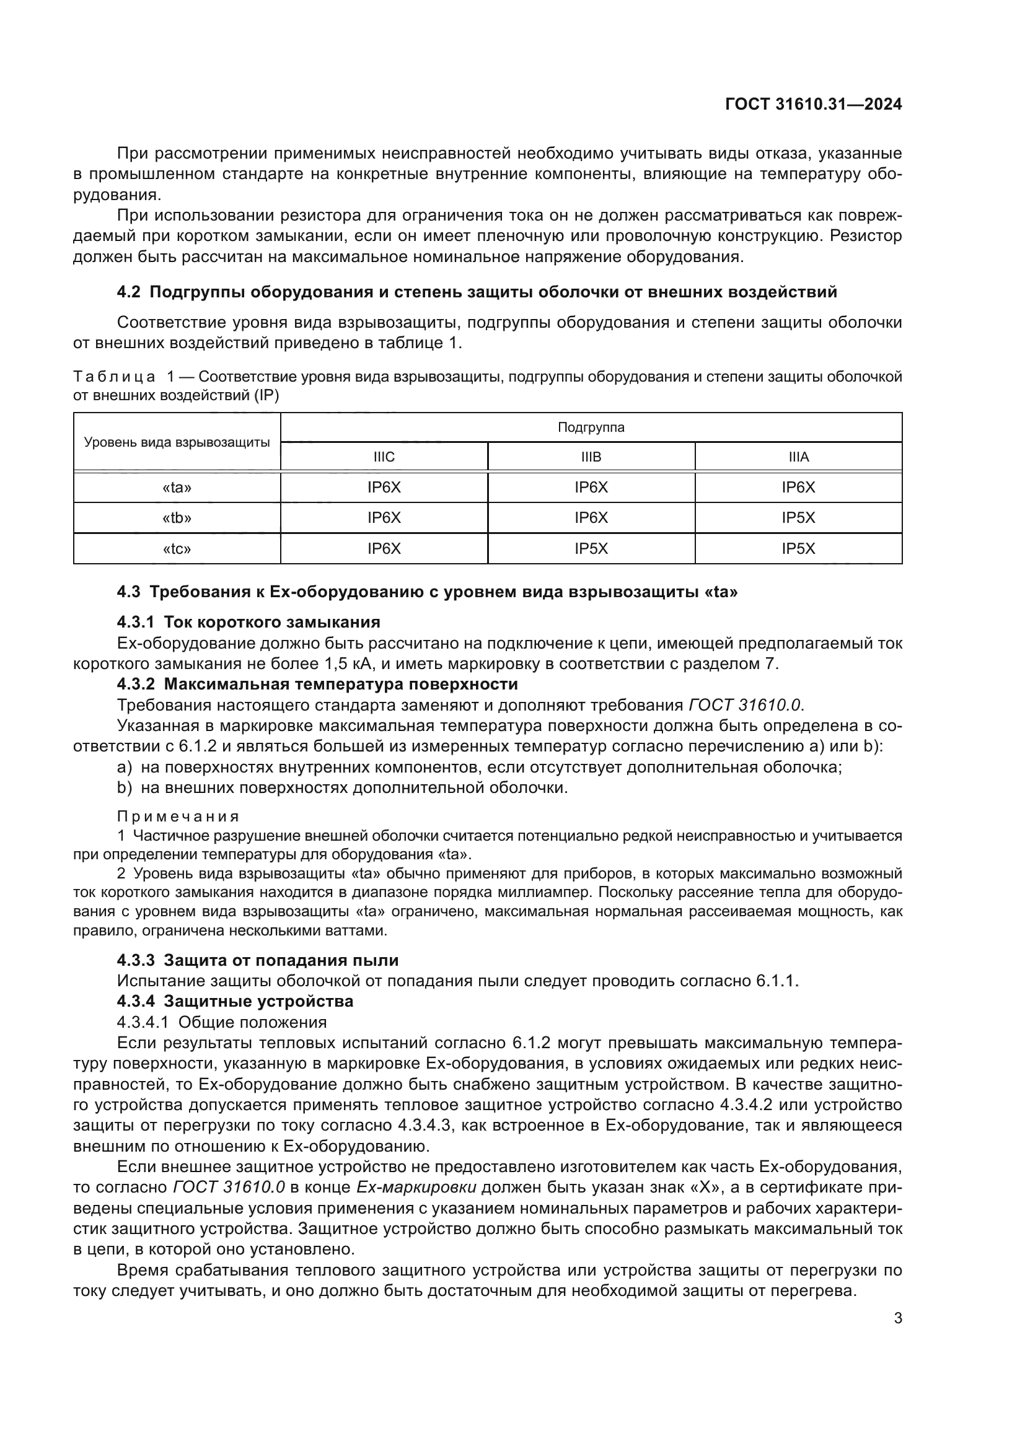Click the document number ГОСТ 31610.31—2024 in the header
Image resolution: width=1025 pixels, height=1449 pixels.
coord(814,104)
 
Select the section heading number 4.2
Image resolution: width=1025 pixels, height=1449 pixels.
coord(130,292)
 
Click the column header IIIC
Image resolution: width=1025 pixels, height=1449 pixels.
coord(384,457)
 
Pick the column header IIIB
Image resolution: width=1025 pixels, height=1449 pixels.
coord(591,457)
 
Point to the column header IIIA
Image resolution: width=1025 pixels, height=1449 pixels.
coord(798,457)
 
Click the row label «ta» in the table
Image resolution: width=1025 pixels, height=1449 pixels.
coord(177,487)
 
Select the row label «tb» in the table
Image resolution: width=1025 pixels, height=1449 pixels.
coord(177,517)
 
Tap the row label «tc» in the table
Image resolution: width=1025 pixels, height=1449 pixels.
coord(177,548)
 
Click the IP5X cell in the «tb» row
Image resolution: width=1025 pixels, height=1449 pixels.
coord(798,517)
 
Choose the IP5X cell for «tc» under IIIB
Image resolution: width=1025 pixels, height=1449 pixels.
coord(591,548)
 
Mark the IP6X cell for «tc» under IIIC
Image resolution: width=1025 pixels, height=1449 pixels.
coord(384,548)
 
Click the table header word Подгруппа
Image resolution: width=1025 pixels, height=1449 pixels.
coord(591,427)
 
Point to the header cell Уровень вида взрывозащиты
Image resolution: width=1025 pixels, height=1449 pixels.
coord(177,442)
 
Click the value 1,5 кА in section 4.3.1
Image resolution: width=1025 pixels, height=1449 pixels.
coord(350,663)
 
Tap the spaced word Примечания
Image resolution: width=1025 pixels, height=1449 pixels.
coord(178,816)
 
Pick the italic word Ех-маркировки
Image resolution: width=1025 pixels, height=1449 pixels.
coord(416,1187)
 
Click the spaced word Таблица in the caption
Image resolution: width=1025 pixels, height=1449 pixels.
coord(114,377)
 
